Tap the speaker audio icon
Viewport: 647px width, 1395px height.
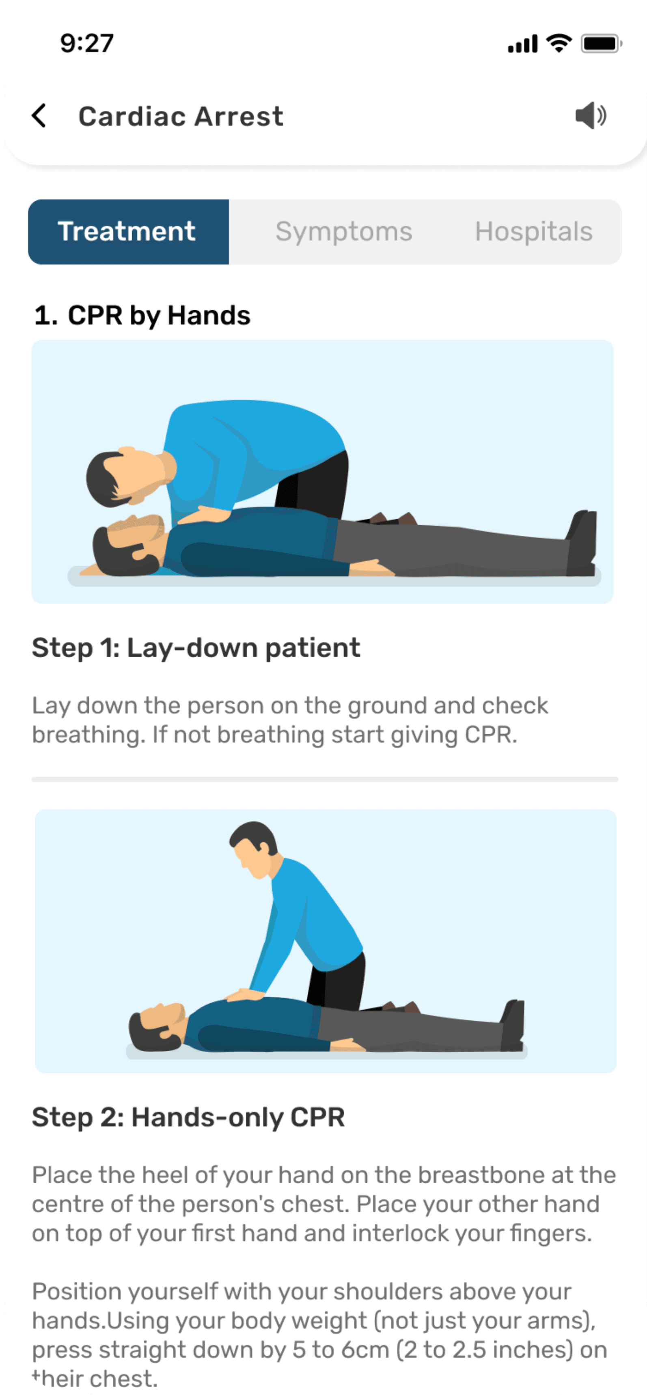pos(590,115)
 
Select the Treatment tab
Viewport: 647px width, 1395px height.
pos(128,231)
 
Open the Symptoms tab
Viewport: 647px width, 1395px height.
pos(344,231)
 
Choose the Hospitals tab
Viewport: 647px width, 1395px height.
pos(533,231)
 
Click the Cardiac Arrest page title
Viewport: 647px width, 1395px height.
pos(181,116)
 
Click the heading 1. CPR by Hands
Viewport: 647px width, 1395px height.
pos(142,315)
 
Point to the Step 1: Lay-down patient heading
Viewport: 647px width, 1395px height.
pos(196,648)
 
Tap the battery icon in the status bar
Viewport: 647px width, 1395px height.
pos(601,43)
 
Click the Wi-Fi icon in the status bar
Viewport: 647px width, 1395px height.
pos(559,43)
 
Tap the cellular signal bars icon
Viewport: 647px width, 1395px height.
pos(522,43)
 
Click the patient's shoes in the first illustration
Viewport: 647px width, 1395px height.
pos(582,543)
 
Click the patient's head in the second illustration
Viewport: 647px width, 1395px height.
pos(157,1027)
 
